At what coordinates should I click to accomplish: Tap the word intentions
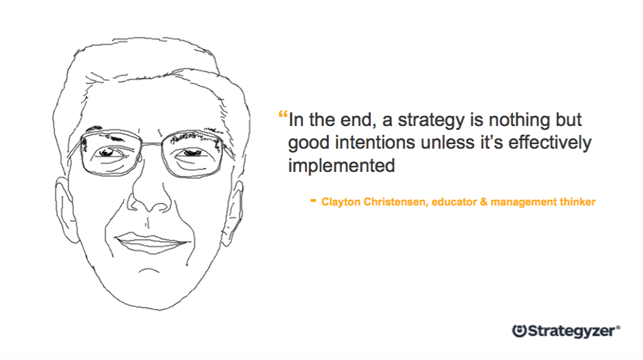pos(375,142)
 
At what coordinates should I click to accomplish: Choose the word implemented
pos(341,165)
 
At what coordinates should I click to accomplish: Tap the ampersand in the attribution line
pos(482,202)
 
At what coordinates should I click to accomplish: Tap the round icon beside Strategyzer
pos(519,330)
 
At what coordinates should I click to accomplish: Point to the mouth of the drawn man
pos(151,242)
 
